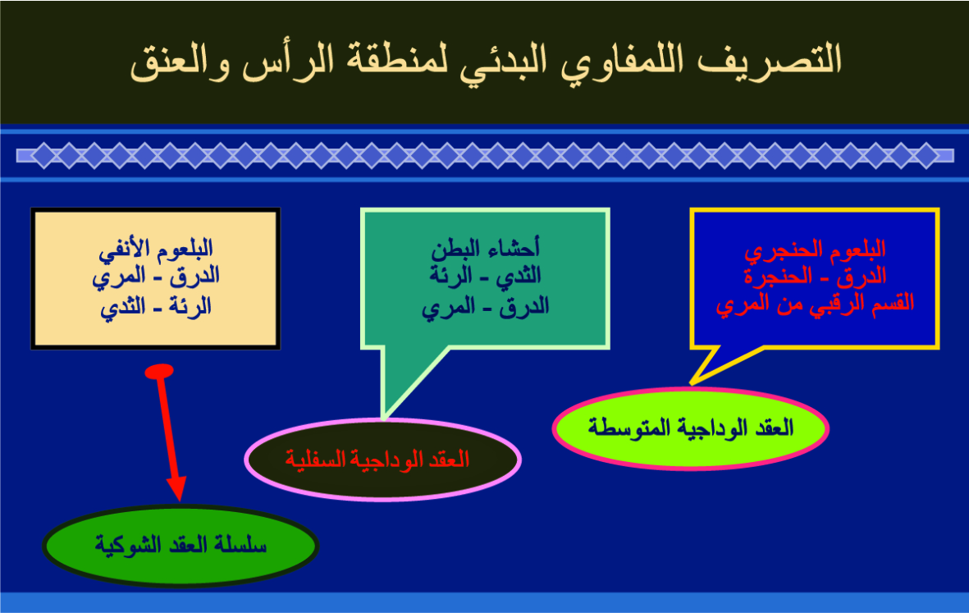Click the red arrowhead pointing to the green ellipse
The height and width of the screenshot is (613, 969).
tap(176, 488)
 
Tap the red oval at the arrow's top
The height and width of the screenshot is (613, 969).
tap(159, 371)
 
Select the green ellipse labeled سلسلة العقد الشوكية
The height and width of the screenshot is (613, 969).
tap(181, 546)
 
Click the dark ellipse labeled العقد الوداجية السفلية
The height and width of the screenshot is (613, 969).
tap(382, 460)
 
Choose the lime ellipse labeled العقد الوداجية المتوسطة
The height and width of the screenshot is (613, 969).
tap(690, 428)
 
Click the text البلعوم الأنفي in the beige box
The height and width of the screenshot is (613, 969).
tap(156, 249)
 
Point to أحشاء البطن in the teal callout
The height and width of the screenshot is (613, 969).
tap(485, 249)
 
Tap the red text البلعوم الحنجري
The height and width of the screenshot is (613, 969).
tap(815, 249)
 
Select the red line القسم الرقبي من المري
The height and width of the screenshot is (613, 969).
tap(815, 304)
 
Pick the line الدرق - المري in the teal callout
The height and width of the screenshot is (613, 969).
tap(485, 307)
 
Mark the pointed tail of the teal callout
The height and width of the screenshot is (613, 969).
tap(384, 419)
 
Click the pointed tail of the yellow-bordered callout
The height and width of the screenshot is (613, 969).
tap(692, 384)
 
